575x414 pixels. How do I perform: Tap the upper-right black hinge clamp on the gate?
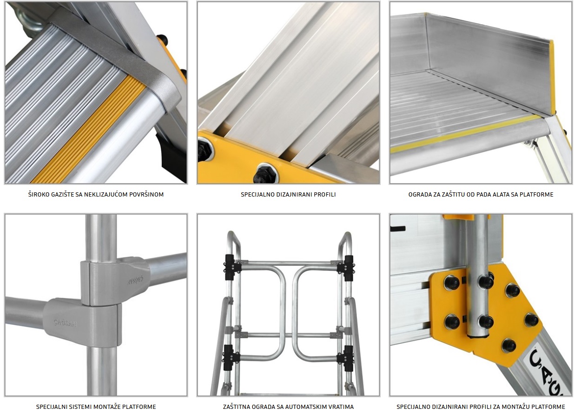tap(346, 268)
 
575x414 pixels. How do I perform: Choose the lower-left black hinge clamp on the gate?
tap(231, 357)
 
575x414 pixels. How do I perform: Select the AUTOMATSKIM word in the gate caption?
tap(310, 407)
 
